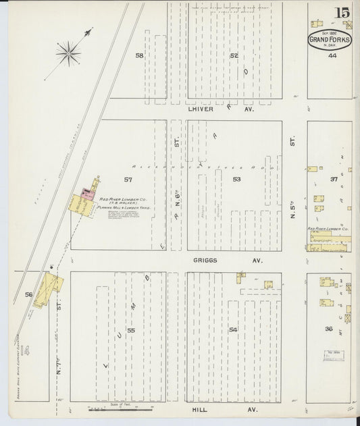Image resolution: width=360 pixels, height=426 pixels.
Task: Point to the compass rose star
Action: [x=68, y=51]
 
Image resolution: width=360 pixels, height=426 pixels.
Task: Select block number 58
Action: [x=140, y=55]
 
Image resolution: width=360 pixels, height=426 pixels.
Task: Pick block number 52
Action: [x=234, y=55]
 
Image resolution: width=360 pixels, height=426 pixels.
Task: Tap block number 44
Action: [x=332, y=55]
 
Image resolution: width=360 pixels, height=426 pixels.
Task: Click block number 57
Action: [x=128, y=180]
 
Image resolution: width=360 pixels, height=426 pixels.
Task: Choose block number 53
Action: [x=236, y=180]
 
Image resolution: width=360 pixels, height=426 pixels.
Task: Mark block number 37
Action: [x=333, y=179]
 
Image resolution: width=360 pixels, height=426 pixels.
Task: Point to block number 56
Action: [x=28, y=294]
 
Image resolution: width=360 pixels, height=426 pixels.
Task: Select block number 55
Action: [x=131, y=330]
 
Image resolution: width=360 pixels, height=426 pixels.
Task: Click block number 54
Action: [x=233, y=329]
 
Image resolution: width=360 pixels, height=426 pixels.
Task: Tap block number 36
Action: [x=329, y=329]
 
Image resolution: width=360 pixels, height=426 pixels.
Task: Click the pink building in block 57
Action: [x=87, y=192]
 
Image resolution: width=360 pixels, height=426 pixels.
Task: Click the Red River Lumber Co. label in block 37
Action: [x=328, y=230]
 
